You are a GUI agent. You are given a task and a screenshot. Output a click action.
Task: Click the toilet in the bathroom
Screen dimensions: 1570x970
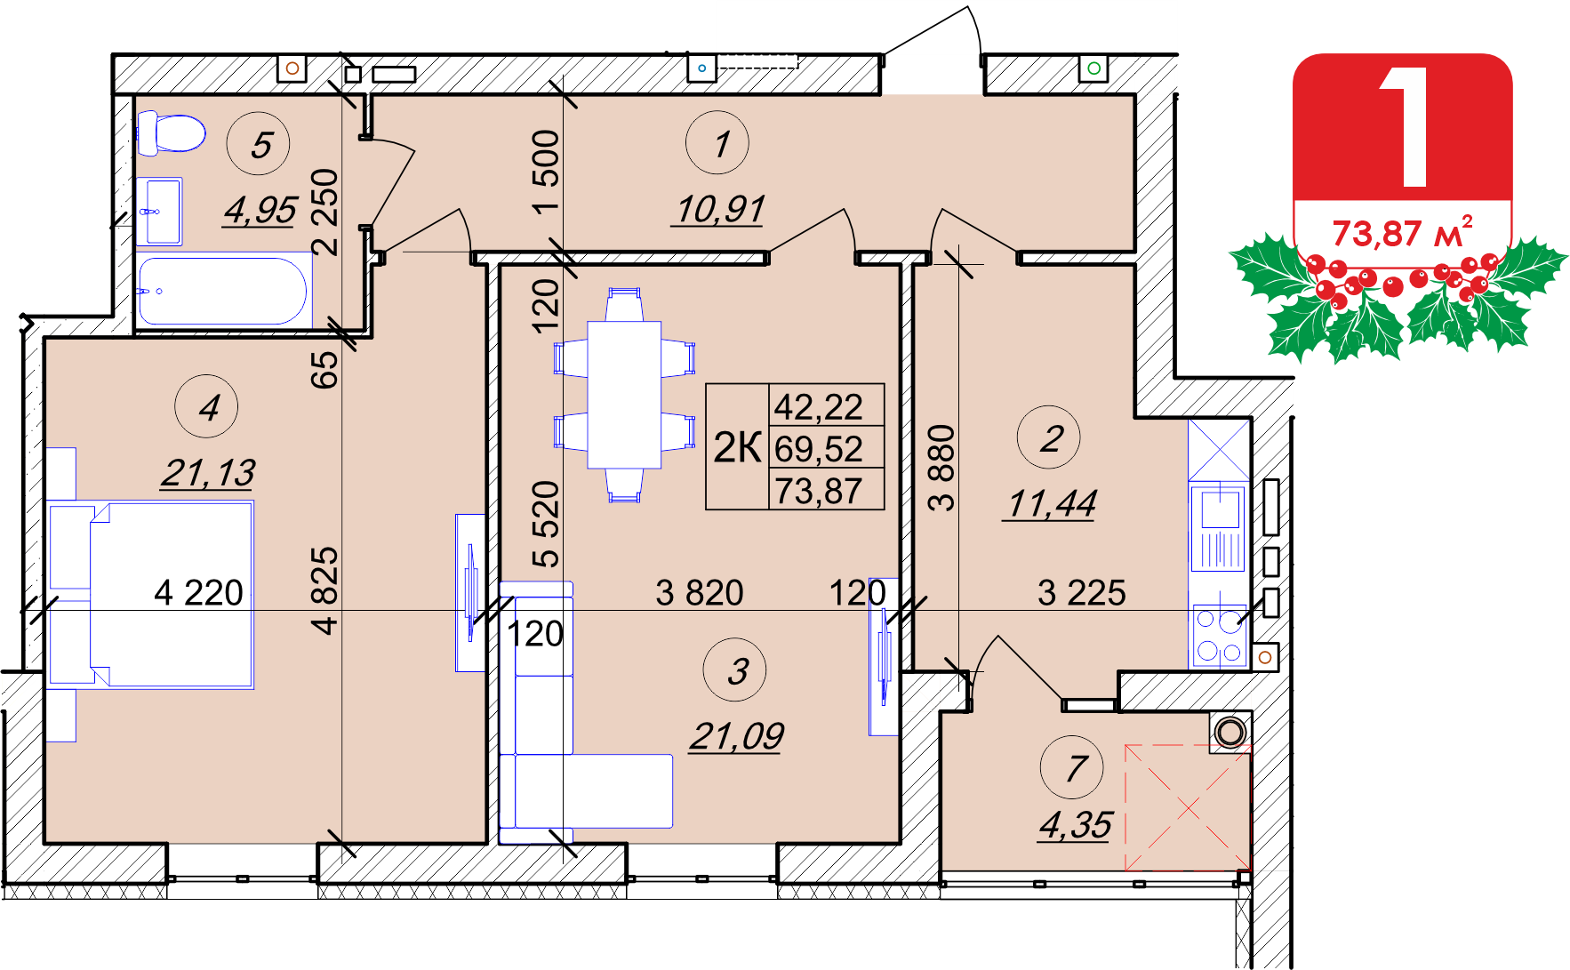coord(171,133)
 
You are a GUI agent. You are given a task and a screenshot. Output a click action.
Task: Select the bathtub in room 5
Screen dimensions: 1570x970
coord(223,291)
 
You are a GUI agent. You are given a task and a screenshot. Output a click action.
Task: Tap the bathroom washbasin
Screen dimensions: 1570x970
coord(160,212)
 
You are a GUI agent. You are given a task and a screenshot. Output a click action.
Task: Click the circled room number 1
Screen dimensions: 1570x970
coord(717,143)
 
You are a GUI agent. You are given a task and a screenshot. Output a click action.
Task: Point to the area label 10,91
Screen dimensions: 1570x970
coord(719,210)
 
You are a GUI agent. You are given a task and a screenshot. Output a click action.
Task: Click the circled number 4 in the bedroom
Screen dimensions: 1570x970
coord(206,407)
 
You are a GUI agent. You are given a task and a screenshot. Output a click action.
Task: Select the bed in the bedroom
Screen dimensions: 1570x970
coord(151,595)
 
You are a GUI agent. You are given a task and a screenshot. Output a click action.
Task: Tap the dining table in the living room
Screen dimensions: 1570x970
coord(624,395)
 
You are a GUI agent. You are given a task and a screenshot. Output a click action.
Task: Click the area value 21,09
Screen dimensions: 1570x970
coord(736,736)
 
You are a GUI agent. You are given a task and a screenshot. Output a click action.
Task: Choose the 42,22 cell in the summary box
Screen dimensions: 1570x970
coord(819,406)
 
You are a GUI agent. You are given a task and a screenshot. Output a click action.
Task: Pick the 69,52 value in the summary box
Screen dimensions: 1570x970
coord(819,448)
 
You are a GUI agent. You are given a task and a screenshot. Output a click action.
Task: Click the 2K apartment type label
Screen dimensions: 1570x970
coord(738,447)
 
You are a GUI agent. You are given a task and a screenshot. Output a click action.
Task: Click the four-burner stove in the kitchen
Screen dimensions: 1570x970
coord(1218,637)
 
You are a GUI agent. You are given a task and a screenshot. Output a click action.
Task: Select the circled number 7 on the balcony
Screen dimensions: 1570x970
coord(1072,767)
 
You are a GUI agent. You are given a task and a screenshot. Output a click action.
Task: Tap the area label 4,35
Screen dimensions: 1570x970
coord(1075,825)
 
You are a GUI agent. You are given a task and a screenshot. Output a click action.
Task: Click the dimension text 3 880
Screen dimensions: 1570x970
coord(941,468)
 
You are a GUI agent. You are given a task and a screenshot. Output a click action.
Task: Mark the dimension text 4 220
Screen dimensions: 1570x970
coord(198,593)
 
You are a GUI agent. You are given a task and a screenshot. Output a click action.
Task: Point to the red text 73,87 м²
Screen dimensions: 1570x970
coord(1402,233)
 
